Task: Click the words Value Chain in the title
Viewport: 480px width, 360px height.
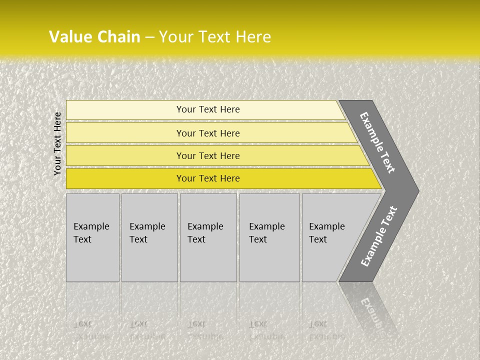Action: click(x=94, y=37)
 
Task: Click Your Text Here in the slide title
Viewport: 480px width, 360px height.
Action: click(x=215, y=37)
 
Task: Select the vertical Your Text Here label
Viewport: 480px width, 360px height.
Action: click(x=57, y=143)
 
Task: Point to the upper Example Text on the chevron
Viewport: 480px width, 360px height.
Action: click(x=377, y=142)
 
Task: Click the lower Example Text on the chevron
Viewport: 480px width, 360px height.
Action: click(x=379, y=236)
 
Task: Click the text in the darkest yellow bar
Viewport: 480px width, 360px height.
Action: click(x=208, y=178)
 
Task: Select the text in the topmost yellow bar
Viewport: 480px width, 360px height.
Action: click(x=208, y=109)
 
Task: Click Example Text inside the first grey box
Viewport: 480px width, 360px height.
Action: click(x=91, y=233)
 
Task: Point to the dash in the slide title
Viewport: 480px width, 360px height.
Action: click(x=149, y=37)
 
